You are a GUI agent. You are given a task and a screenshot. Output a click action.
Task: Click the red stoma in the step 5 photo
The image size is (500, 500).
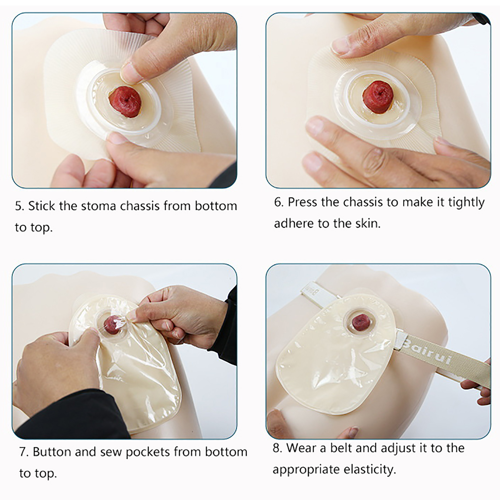[125, 102]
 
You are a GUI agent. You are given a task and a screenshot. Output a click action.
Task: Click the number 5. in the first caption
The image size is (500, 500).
[19, 206]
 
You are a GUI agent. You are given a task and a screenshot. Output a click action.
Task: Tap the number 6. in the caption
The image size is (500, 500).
[279, 202]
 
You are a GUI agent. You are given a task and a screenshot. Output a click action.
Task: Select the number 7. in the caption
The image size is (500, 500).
[24, 452]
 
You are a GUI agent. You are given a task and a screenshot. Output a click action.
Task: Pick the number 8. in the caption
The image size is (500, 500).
[277, 448]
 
